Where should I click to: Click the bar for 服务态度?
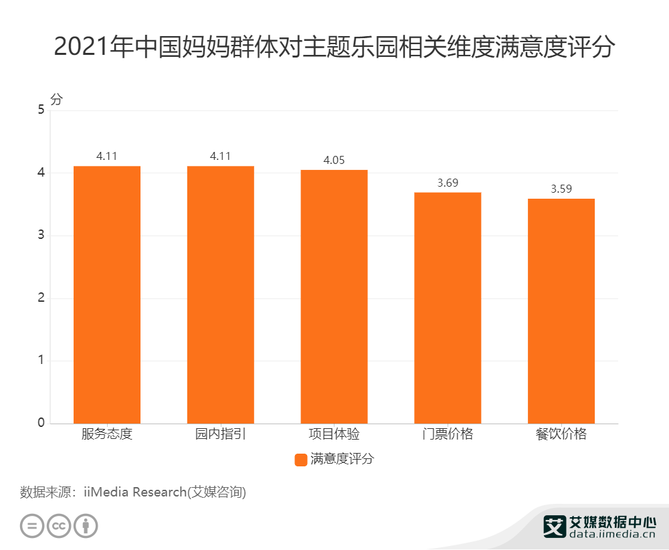point(107,294)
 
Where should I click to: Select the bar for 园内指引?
point(221,294)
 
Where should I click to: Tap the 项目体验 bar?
point(334,296)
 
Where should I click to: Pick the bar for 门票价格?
point(448,308)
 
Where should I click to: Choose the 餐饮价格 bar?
point(561,311)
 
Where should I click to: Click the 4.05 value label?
point(334,160)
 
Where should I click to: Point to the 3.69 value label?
point(448,183)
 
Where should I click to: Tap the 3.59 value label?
point(561,189)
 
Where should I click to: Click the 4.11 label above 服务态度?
point(107,156)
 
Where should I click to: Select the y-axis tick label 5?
point(41,110)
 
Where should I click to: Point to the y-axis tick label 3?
point(41,236)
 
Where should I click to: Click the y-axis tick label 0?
point(41,423)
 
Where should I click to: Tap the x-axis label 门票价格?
point(448,434)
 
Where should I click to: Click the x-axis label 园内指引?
point(221,434)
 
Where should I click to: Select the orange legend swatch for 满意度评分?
point(300,460)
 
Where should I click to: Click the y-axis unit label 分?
point(56,99)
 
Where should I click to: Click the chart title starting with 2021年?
point(334,48)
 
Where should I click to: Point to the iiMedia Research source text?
point(133,492)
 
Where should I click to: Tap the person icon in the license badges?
point(86,525)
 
